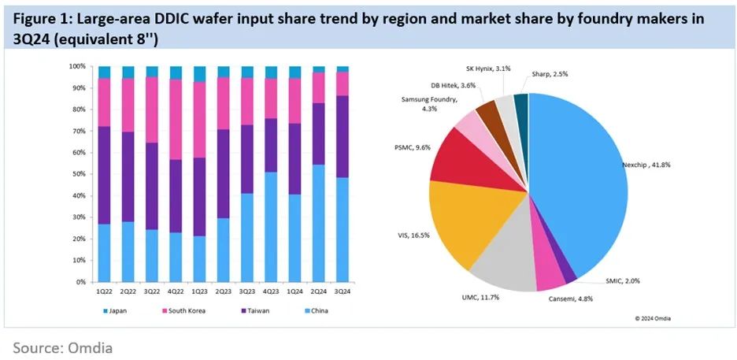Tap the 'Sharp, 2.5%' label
point(550,73)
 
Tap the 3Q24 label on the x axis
point(343,291)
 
